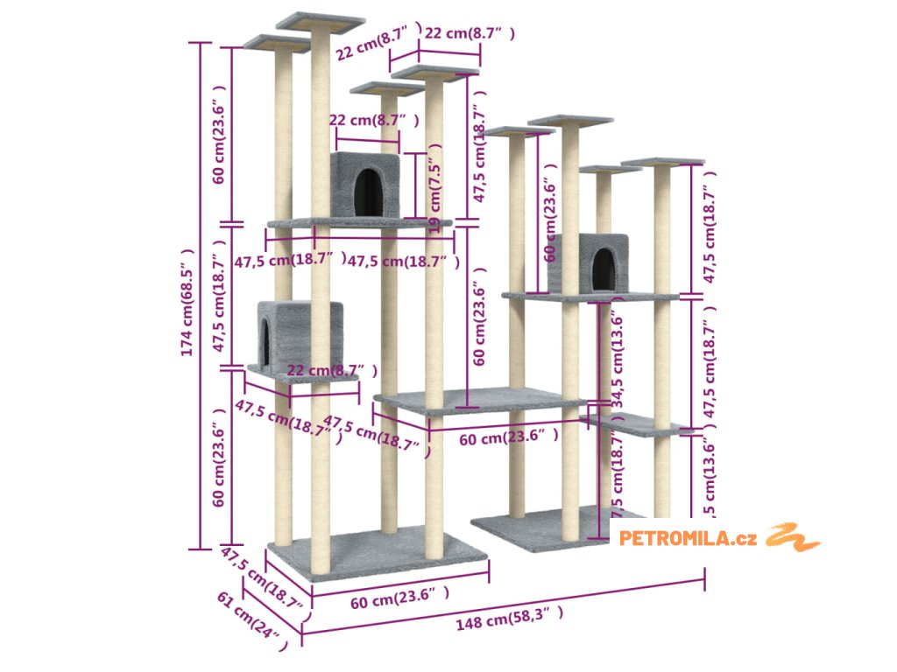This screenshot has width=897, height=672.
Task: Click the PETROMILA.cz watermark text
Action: coord(689,538)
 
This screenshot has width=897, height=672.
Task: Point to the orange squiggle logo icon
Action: coord(793,536)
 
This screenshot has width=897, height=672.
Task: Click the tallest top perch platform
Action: coord(320,19)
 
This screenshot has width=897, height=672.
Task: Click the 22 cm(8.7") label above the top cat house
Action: coord(373,120)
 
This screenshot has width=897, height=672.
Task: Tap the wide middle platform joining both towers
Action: coord(480,401)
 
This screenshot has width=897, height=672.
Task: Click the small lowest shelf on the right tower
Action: coord(637,424)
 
